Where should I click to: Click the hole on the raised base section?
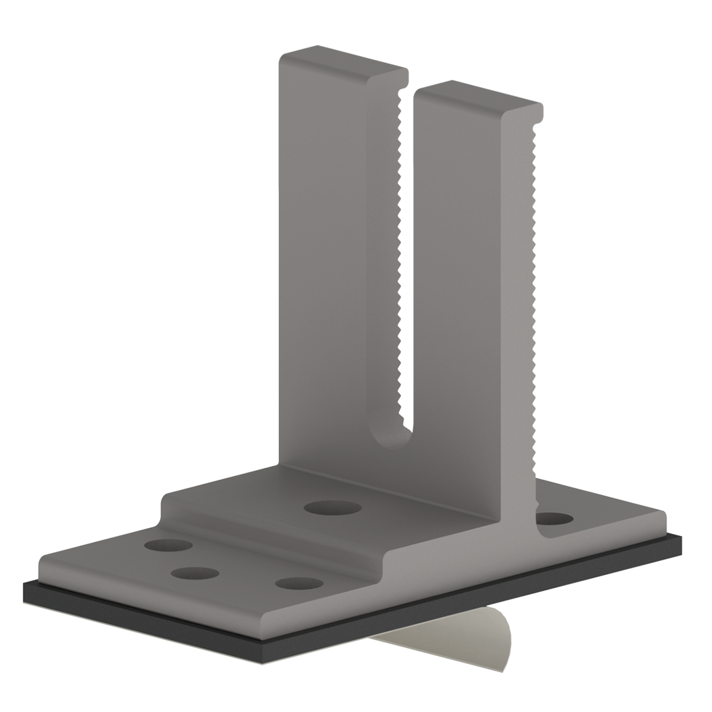[x=334, y=508]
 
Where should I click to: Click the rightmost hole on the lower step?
[x=299, y=583]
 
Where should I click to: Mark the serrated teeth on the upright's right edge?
[x=537, y=297]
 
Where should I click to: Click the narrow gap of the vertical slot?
[x=407, y=264]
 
